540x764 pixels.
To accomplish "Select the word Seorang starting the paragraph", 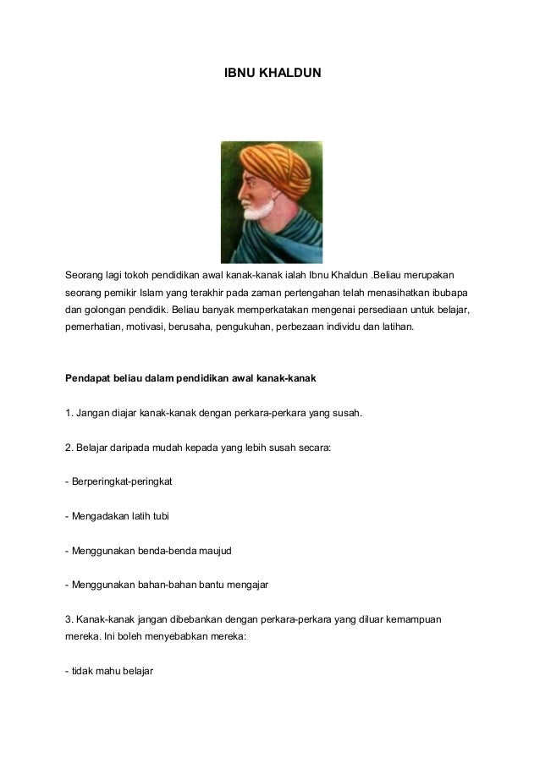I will [87, 276].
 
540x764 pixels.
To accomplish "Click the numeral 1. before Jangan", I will [69, 414].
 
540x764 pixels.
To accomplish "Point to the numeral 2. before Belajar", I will [69, 448].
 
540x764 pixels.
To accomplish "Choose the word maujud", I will [215, 551].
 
